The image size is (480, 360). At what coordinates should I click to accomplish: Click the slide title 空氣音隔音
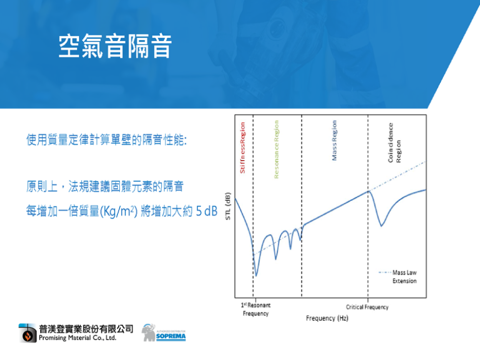coord(115,46)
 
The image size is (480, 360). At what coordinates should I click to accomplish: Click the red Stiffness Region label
coord(242,148)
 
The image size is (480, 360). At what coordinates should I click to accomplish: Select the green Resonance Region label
coord(276,149)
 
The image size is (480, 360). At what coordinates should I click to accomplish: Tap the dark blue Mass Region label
coord(334,140)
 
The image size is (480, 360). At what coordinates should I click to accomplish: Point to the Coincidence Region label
coord(394,143)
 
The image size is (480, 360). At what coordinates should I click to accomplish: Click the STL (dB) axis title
coord(228,206)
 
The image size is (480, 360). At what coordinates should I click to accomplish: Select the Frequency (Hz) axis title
coord(327,318)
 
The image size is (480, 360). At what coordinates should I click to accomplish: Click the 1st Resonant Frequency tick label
coord(255,309)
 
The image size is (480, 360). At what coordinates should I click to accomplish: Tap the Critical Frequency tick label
coord(367,307)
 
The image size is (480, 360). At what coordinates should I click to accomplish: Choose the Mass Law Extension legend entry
coord(398,276)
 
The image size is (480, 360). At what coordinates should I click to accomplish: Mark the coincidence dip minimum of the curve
coord(381,226)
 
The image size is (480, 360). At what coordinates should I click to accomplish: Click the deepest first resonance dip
coord(256,276)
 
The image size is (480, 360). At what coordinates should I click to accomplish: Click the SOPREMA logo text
coord(171,336)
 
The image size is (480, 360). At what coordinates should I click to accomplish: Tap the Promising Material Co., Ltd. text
coord(77,338)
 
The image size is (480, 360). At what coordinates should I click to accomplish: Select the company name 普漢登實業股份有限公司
coord(86,329)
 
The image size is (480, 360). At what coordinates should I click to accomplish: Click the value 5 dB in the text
coord(207,211)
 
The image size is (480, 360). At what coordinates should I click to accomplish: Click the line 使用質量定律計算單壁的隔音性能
coord(106,140)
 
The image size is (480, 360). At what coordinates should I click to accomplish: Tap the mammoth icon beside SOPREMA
coord(149,333)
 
